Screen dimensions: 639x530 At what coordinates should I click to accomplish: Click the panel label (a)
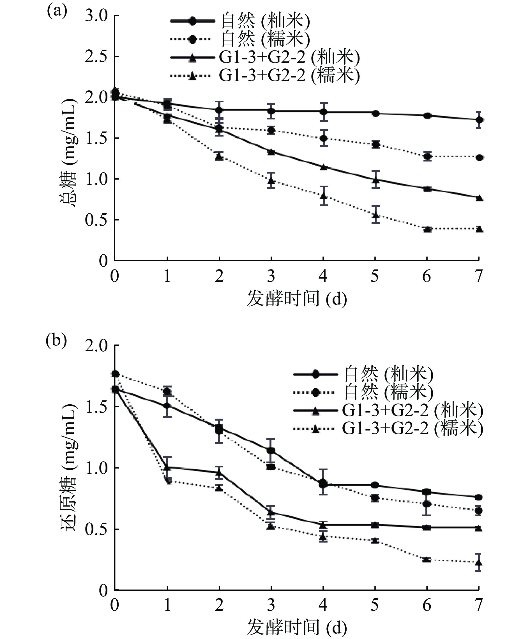(57, 11)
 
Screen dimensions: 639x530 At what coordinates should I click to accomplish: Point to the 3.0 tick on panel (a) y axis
(96, 16)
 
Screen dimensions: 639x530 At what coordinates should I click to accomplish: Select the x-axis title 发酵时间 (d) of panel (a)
(296, 299)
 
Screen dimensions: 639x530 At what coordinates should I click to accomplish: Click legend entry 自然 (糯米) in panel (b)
(388, 392)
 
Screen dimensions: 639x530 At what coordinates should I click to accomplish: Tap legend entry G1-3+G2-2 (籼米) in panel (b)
(412, 411)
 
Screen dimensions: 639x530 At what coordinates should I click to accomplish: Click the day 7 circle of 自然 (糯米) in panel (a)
(479, 157)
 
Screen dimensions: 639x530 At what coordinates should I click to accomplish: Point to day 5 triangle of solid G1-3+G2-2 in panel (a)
(375, 180)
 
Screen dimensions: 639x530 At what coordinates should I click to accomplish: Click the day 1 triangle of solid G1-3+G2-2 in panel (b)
(167, 467)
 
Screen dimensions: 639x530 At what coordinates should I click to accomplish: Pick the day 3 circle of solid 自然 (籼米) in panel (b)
(271, 450)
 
